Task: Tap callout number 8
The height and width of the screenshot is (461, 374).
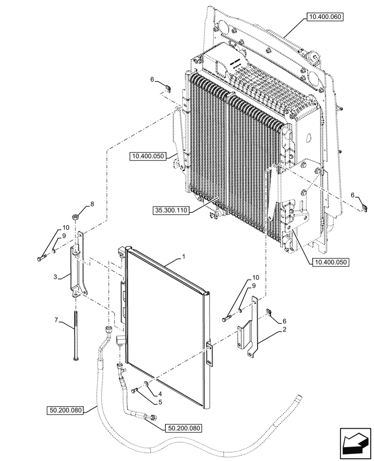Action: coord(92,203)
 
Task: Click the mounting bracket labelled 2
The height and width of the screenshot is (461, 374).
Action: coord(249,330)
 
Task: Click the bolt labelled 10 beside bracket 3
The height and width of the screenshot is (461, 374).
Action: coord(41,258)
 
